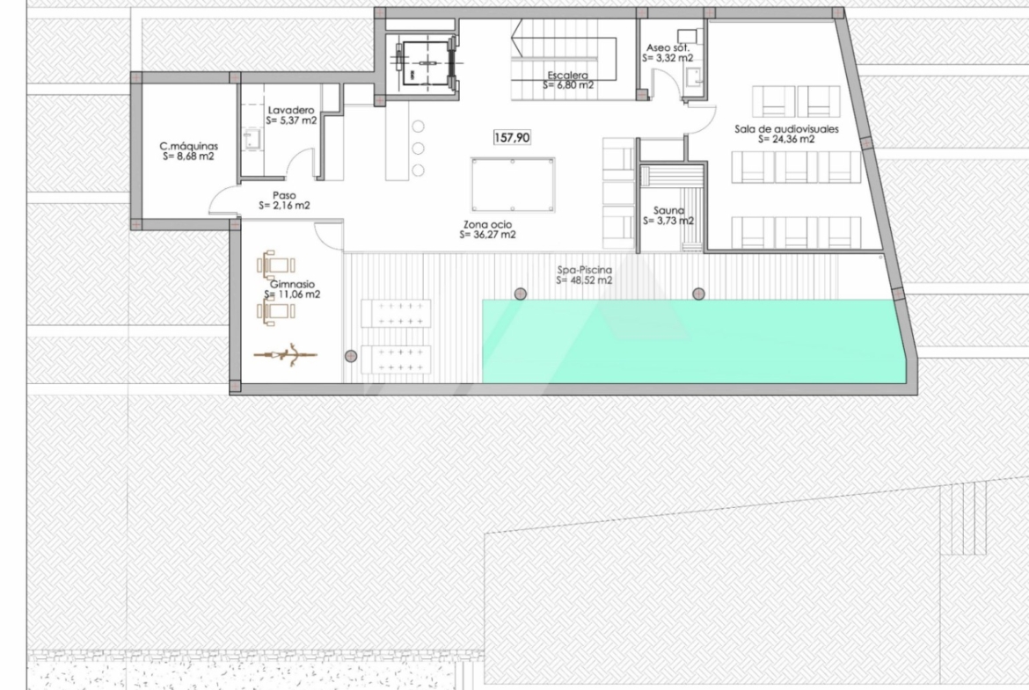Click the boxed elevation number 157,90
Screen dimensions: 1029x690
512,138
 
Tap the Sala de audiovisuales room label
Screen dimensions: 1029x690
786,129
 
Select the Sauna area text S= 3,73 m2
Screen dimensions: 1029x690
668,221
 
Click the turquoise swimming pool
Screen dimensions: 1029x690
694,341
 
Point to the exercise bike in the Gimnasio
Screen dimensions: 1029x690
286,355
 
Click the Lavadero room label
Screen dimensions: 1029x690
291,110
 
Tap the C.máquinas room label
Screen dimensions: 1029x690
189,146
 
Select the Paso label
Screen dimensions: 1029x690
284,195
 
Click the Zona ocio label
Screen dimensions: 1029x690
487,224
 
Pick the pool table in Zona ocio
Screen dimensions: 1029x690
514,185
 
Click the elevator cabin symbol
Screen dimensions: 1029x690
426,63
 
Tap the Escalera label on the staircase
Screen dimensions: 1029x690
568,76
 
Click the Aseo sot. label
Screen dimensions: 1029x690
668,47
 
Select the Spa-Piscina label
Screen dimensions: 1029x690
585,270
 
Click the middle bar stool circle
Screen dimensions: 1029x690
418,149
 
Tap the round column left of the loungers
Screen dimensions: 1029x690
351,356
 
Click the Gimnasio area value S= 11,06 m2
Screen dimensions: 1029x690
293,294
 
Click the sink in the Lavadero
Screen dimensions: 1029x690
250,140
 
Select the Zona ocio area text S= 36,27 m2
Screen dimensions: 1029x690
487,234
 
